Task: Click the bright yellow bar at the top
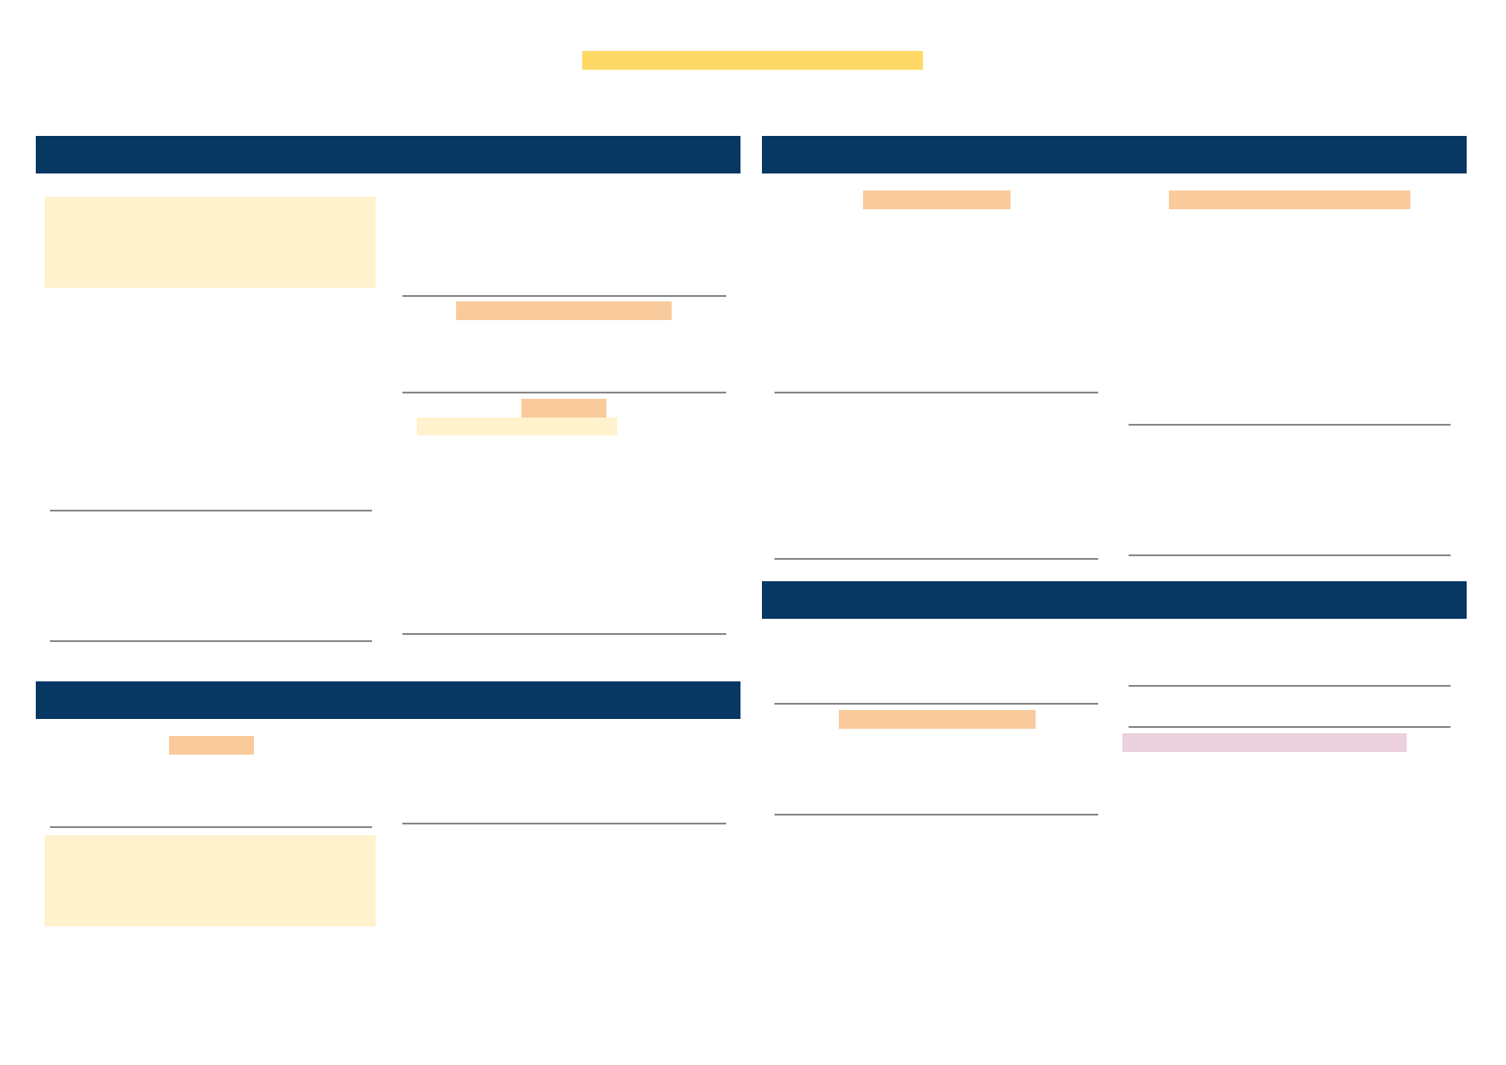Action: click(752, 60)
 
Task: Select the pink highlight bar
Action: click(1264, 742)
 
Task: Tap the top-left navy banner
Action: click(387, 155)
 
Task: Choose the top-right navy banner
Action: click(1113, 155)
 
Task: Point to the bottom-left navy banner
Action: click(387, 700)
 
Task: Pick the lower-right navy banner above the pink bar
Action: click(1113, 600)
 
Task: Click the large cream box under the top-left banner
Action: click(210, 242)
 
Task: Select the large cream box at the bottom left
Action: click(210, 881)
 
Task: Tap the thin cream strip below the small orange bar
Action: click(516, 427)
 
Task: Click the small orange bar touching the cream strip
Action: click(563, 408)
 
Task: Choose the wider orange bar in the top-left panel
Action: click(563, 310)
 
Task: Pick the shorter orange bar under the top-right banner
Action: click(936, 199)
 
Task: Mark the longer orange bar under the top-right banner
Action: click(1289, 199)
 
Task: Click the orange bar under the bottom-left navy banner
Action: click(211, 745)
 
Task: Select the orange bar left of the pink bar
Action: click(936, 719)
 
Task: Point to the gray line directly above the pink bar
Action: click(1289, 727)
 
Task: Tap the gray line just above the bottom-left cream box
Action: click(210, 827)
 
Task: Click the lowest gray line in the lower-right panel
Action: click(935, 815)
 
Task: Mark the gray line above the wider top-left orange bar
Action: click(563, 296)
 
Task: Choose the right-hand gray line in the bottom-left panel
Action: click(563, 824)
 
